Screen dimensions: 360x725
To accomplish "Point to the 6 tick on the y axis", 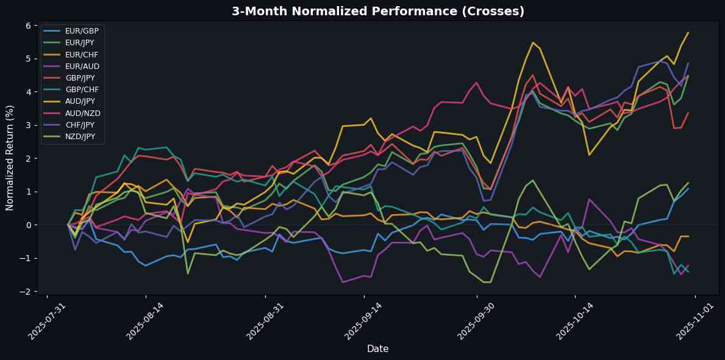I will (x=28, y=25).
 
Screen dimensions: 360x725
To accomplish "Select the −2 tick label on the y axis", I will (x=26, y=292).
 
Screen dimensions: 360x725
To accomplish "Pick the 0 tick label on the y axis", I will (x=28, y=225).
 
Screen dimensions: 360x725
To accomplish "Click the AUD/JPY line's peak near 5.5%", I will (x=532, y=43).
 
